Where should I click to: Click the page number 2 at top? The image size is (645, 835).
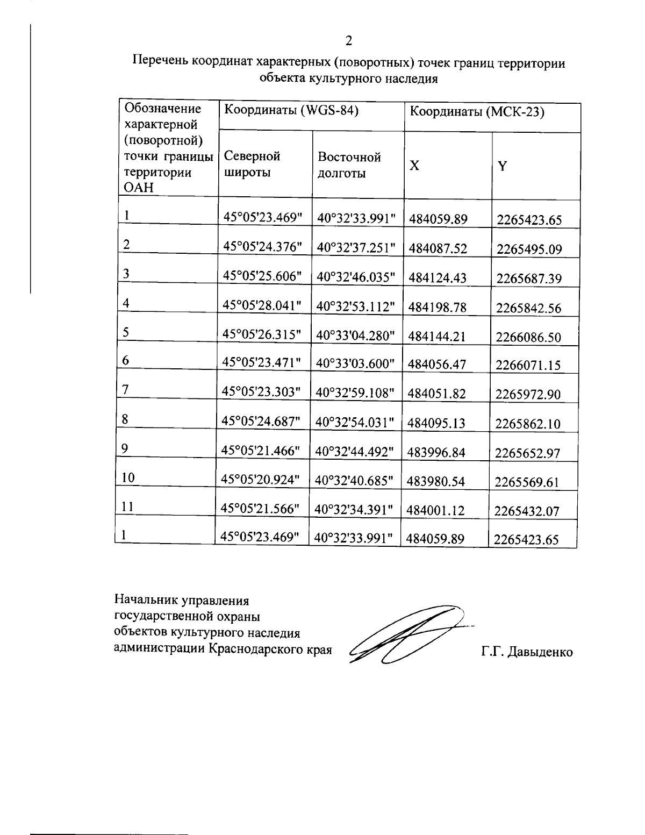(349, 40)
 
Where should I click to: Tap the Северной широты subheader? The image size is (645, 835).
(252, 165)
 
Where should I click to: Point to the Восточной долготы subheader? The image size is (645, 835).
(349, 165)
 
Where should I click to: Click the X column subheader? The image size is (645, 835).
(414, 166)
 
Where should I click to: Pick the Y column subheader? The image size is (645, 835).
(502, 166)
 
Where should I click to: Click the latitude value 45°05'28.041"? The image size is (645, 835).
(263, 306)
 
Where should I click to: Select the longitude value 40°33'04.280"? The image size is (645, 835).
(355, 335)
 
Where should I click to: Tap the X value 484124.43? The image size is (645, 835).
(437, 278)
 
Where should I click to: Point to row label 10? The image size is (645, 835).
(128, 477)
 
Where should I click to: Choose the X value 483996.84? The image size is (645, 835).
(436, 453)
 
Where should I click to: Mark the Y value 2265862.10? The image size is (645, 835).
(528, 424)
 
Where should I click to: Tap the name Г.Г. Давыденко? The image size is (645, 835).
(527, 652)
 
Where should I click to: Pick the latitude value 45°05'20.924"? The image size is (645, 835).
(262, 479)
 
